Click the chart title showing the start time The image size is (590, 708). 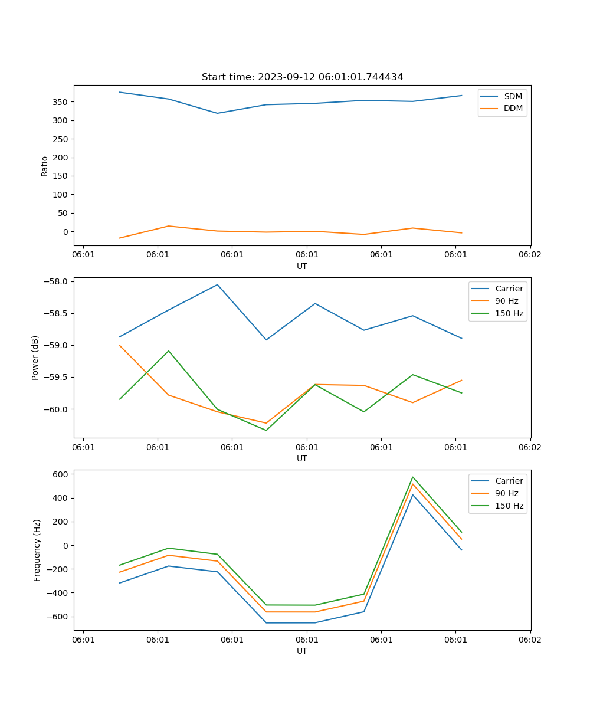[302, 77]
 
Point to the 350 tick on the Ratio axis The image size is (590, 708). [61, 102]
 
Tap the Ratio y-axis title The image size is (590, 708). [45, 166]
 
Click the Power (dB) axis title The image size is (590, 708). [35, 358]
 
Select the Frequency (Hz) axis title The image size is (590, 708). [37, 550]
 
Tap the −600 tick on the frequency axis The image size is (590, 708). [59, 617]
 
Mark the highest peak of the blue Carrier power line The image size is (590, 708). [217, 284]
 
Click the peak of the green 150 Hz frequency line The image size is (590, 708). [413, 477]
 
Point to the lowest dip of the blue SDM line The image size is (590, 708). [217, 113]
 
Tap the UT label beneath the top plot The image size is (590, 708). [302, 266]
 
